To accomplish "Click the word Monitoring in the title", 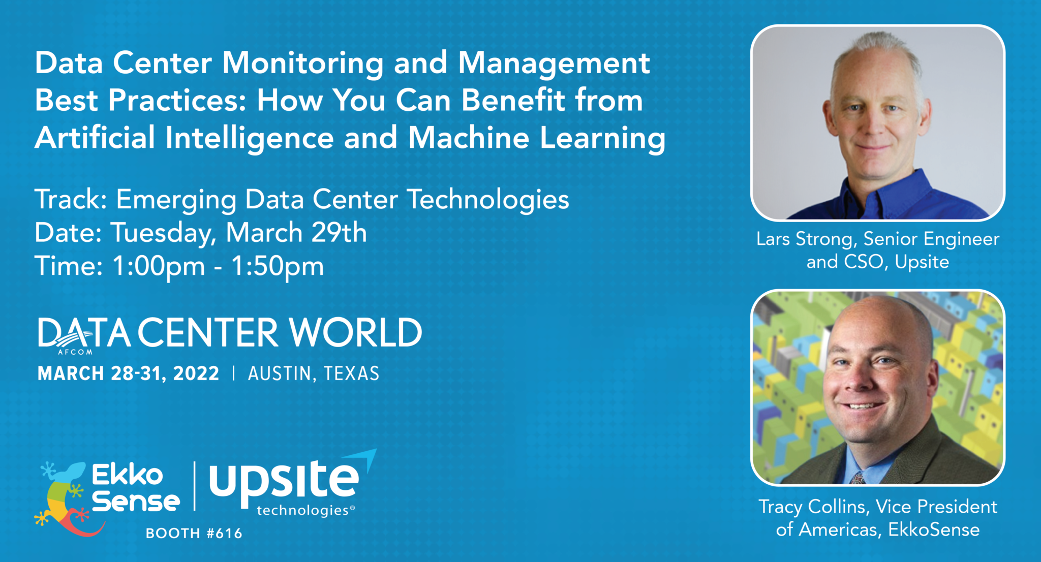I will [x=302, y=64].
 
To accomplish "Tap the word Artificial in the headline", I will [x=95, y=138].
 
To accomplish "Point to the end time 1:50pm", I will [x=278, y=266].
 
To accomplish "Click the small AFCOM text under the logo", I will [x=75, y=352].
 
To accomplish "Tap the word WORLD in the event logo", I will [x=355, y=333].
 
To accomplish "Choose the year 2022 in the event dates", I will [x=196, y=374].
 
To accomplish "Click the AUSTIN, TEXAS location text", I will [x=314, y=374].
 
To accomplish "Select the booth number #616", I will [x=224, y=533].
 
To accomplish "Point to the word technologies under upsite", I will [x=302, y=510].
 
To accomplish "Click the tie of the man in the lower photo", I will [x=858, y=478].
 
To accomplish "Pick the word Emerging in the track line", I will [x=176, y=199].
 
